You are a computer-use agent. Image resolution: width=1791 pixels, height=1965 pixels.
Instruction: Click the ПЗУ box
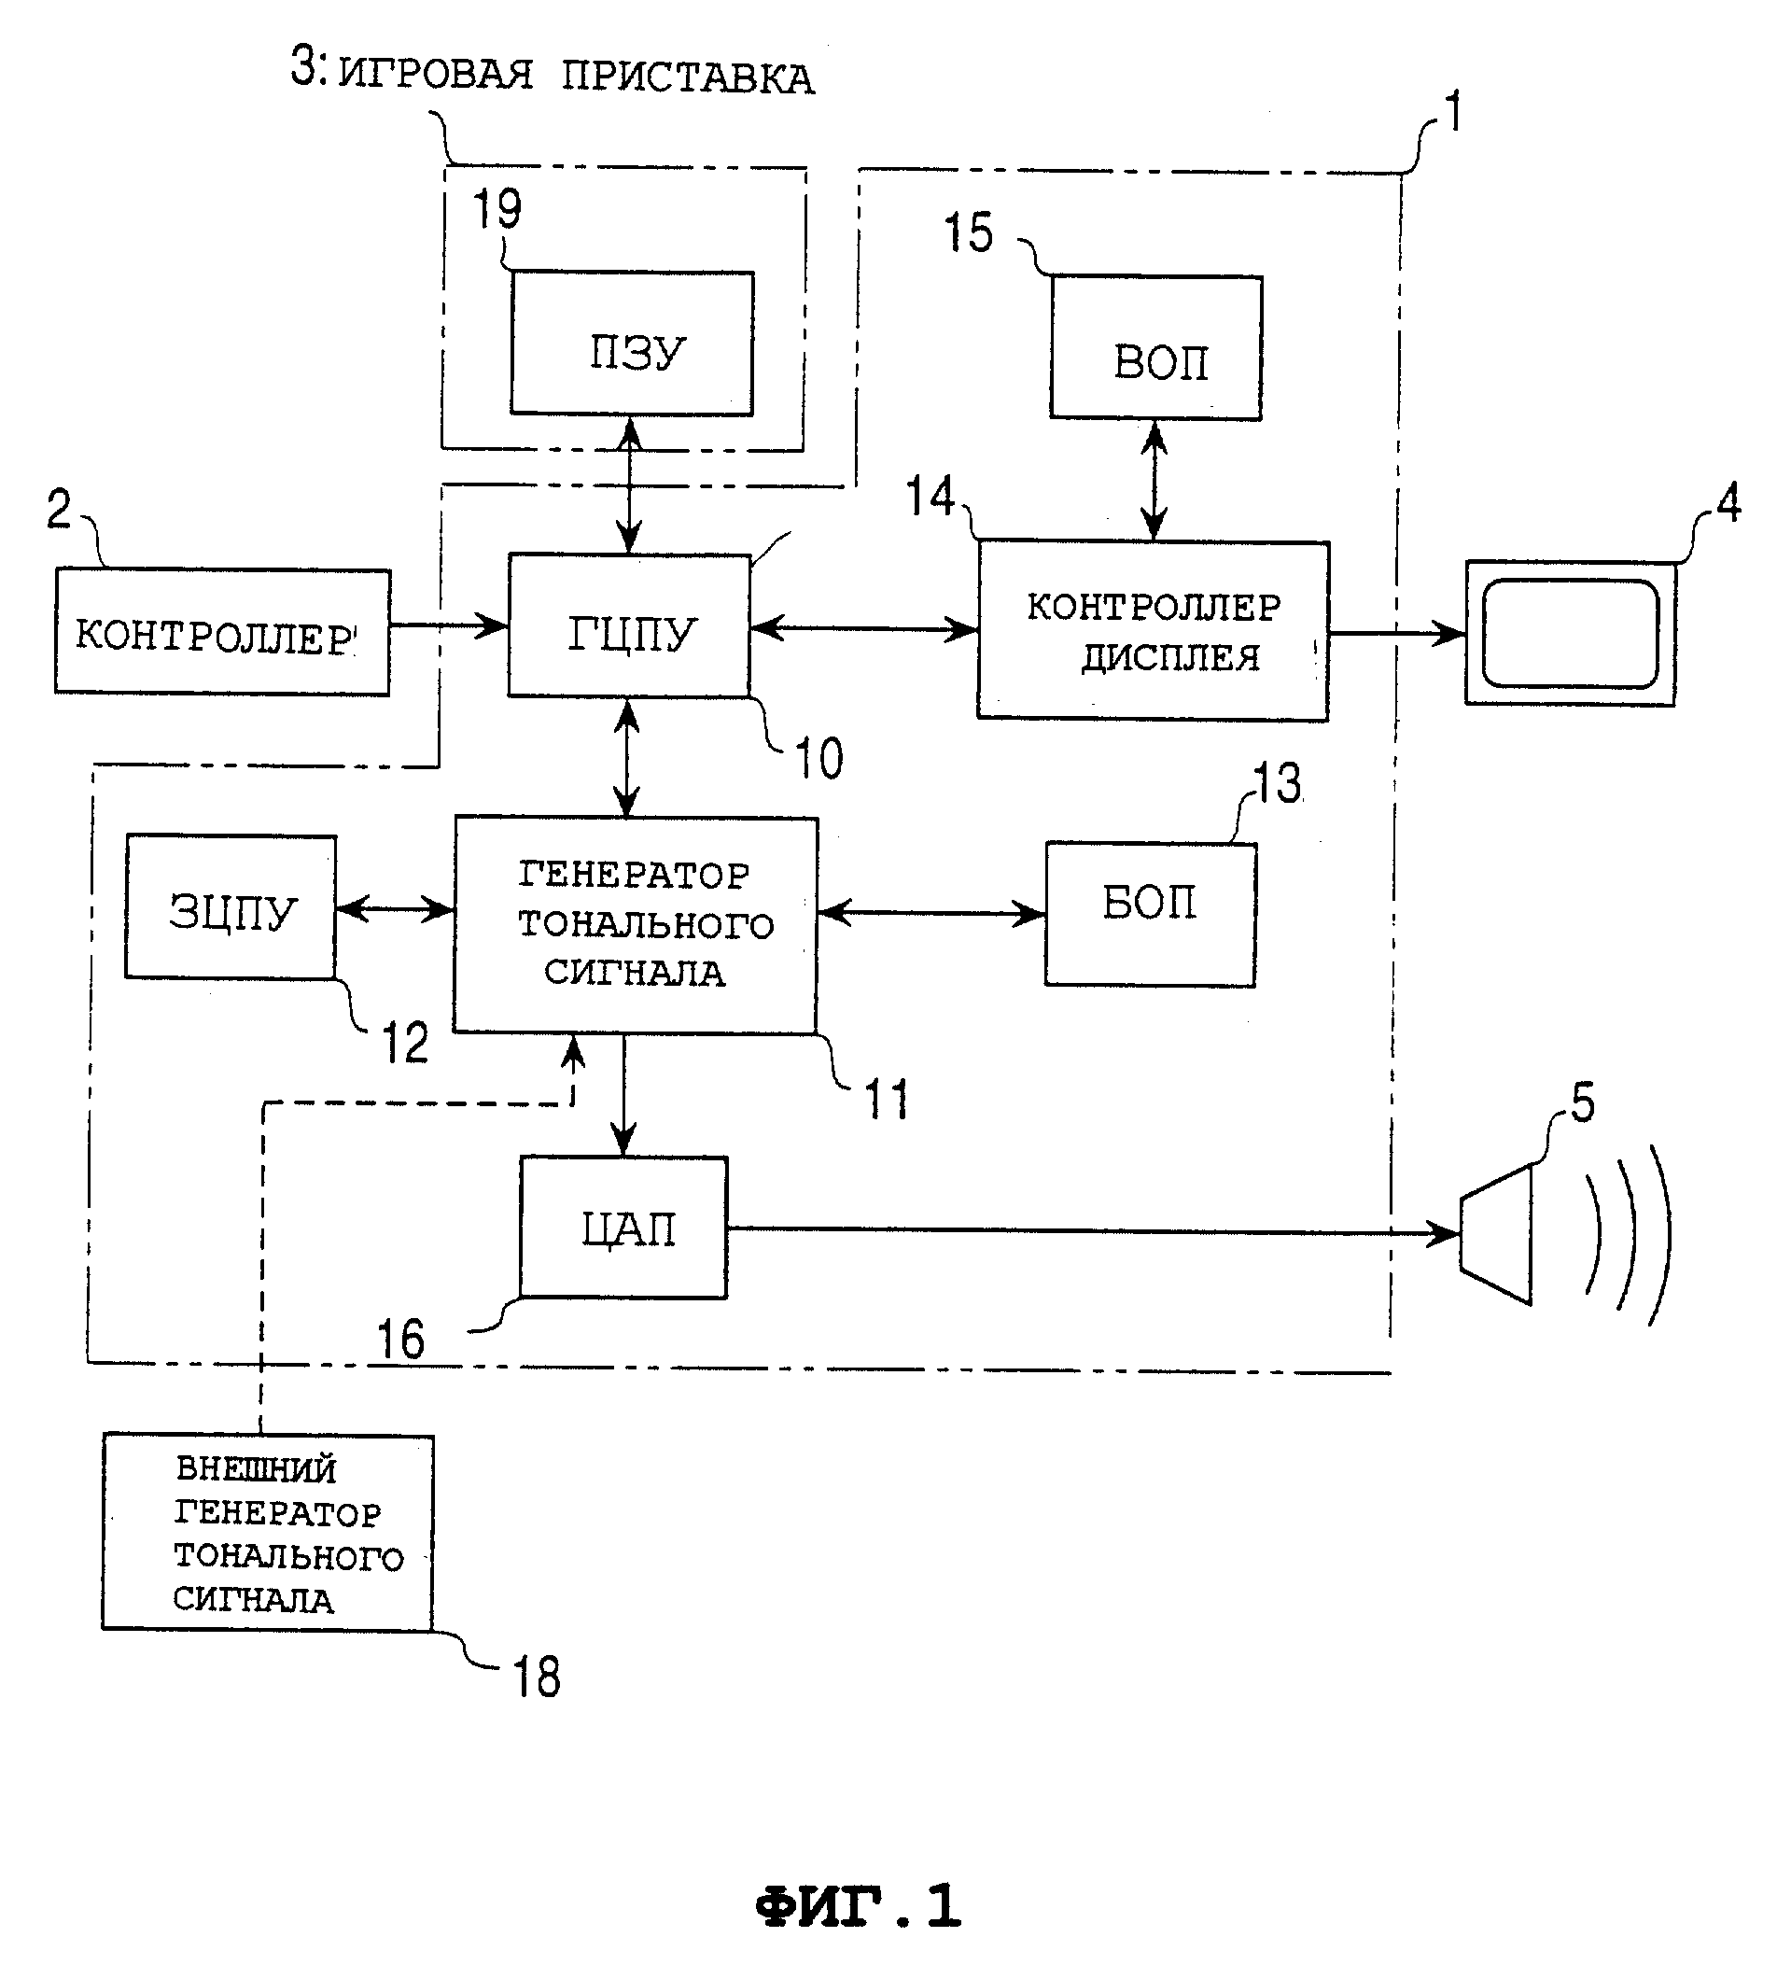pyautogui.click(x=633, y=344)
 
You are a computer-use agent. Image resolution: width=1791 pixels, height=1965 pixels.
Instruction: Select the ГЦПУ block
pyautogui.click(x=629, y=625)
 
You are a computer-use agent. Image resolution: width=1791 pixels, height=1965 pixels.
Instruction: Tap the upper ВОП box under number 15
pyautogui.click(x=1156, y=348)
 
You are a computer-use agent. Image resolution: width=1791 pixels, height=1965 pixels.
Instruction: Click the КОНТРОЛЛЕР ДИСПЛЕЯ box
pyautogui.click(x=1154, y=631)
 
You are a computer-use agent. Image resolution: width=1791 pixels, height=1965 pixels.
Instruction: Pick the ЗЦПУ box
pyautogui.click(x=231, y=906)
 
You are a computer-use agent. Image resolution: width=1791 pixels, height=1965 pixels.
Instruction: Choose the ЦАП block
pyautogui.click(x=623, y=1228)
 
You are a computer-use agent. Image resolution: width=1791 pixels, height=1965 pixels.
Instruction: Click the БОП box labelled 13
pyautogui.click(x=1151, y=914)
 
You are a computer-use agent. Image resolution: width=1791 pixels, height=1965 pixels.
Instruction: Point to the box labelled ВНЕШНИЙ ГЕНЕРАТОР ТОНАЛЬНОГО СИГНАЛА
pyautogui.click(x=268, y=1532)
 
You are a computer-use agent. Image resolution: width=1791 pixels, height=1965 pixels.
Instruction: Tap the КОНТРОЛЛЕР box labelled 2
pyautogui.click(x=222, y=632)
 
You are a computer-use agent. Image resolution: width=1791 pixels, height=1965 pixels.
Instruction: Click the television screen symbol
pyautogui.click(x=1571, y=634)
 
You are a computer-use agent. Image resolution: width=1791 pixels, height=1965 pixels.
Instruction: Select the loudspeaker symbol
pyautogui.click(x=1498, y=1234)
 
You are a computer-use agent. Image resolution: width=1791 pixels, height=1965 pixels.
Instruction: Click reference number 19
pyautogui.click(x=497, y=208)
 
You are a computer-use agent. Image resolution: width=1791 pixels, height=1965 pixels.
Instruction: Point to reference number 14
pyautogui.click(x=930, y=498)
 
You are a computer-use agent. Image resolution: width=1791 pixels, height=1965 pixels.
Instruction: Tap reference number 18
pyautogui.click(x=537, y=1678)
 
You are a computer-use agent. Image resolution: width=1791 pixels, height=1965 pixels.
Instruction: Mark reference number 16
pyautogui.click(x=400, y=1340)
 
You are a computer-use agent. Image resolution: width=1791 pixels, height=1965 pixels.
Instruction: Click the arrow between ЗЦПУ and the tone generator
pyautogui.click(x=395, y=909)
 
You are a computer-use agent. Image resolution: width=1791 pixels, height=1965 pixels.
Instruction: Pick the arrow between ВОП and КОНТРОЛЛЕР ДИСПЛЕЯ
pyautogui.click(x=1154, y=481)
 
